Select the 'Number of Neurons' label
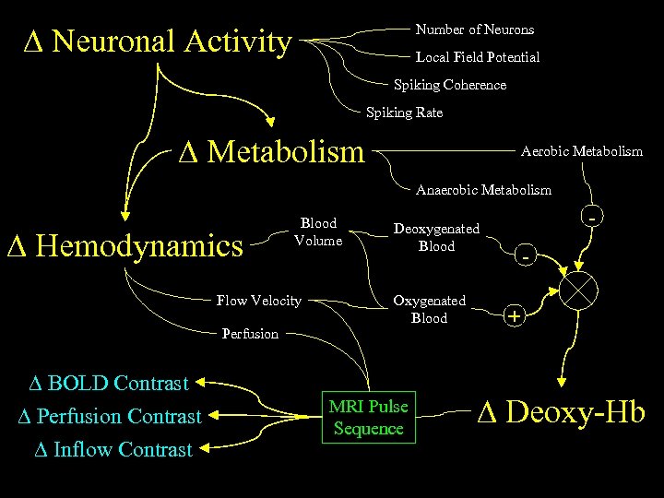474,30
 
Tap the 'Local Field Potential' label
477,57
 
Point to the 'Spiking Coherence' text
450,85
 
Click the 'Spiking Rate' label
404,113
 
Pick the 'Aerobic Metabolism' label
581,151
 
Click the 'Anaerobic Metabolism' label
483,190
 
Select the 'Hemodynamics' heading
125,246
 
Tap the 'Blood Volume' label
318,232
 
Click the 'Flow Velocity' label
258,300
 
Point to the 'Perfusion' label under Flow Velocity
250,334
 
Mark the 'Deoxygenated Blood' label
436,237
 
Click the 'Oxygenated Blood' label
429,309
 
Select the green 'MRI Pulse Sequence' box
369,418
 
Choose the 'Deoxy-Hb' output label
561,412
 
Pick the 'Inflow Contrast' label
113,450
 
